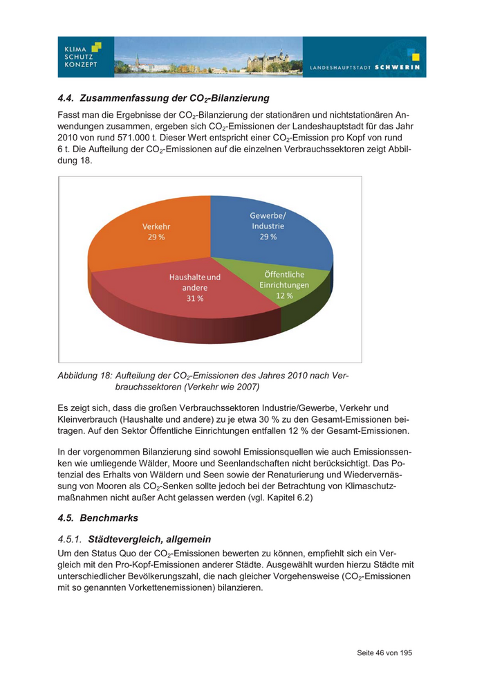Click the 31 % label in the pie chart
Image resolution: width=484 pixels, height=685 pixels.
point(195,298)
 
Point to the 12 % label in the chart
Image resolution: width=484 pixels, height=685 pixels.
point(285,295)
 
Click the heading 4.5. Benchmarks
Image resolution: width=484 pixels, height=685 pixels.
point(98,518)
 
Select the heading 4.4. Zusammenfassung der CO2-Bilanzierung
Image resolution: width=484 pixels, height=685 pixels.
point(164,98)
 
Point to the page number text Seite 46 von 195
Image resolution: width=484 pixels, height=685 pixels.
point(384,652)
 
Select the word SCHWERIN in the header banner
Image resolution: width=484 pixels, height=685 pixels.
point(397,68)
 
